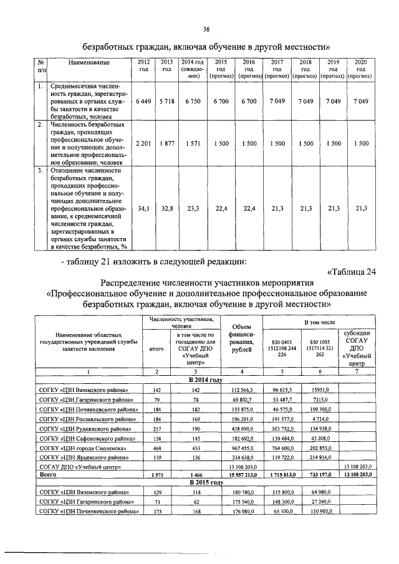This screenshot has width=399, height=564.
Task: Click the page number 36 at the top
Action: point(206,29)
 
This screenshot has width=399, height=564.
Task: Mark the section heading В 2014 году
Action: point(205,380)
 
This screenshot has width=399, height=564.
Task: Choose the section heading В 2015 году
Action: point(205,482)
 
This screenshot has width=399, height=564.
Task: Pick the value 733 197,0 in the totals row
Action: point(320,475)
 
